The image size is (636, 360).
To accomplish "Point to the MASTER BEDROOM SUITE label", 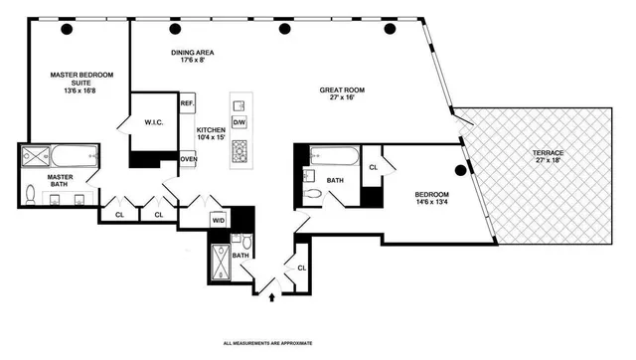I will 79,81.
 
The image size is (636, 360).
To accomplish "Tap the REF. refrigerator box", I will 187,103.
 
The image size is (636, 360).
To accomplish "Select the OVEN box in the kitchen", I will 187,158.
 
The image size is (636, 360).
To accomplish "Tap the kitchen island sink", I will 238,105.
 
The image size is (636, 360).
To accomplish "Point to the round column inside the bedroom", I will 459,169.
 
